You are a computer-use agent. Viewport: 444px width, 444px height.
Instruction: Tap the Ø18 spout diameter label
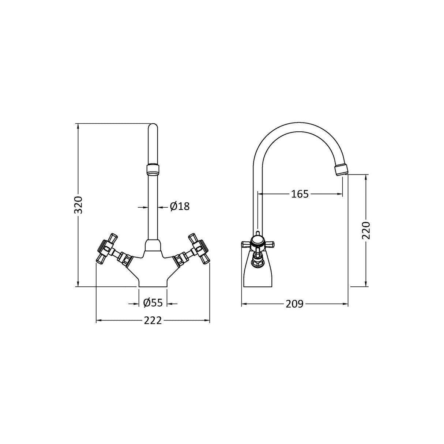pyautogui.click(x=180, y=207)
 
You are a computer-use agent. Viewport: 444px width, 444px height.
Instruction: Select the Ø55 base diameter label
pyautogui.click(x=153, y=303)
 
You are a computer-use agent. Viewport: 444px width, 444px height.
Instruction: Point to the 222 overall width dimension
pyautogui.click(x=153, y=321)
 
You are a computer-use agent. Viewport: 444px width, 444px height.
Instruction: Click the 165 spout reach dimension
pyautogui.click(x=300, y=194)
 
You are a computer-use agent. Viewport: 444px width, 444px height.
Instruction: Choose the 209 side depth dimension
pyautogui.click(x=295, y=304)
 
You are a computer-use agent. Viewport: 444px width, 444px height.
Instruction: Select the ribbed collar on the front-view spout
pyautogui.click(x=153, y=169)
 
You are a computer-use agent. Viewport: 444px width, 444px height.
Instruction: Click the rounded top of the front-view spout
pyautogui.click(x=153, y=128)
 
